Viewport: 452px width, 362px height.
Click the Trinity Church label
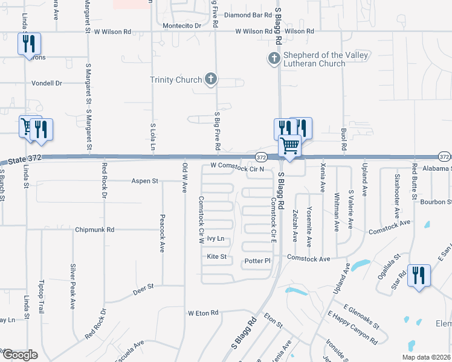click(x=176, y=80)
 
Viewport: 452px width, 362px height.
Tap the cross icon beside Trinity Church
click(x=211, y=78)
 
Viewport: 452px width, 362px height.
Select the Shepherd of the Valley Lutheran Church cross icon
click(x=273, y=59)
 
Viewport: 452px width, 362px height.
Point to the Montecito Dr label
click(x=182, y=26)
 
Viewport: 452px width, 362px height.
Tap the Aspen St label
click(x=145, y=180)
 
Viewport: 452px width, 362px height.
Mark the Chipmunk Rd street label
click(x=95, y=230)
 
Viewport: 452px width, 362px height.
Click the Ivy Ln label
click(x=216, y=239)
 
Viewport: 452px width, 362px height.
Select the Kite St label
click(x=216, y=257)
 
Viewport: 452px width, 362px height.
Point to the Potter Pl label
click(x=257, y=261)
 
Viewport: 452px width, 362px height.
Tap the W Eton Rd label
click(x=202, y=313)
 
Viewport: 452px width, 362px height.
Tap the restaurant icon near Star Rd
click(x=418, y=276)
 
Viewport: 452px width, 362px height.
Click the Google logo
click(x=20, y=355)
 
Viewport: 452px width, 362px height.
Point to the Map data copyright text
click(x=427, y=357)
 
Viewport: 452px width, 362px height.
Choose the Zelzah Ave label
click(x=295, y=224)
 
